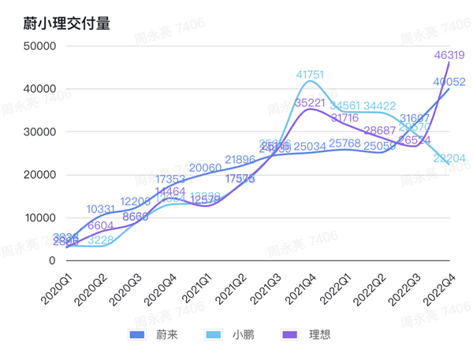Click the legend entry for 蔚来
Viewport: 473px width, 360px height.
click(154, 334)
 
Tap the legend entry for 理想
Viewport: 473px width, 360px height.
click(307, 334)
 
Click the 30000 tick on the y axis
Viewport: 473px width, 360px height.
click(39, 132)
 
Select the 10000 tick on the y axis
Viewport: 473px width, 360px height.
click(39, 217)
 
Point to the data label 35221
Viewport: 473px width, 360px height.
click(310, 102)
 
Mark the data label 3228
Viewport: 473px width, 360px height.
click(101, 240)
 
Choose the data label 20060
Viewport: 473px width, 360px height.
click(205, 168)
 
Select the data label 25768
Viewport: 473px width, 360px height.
click(345, 143)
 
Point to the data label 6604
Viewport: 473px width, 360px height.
click(102, 225)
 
